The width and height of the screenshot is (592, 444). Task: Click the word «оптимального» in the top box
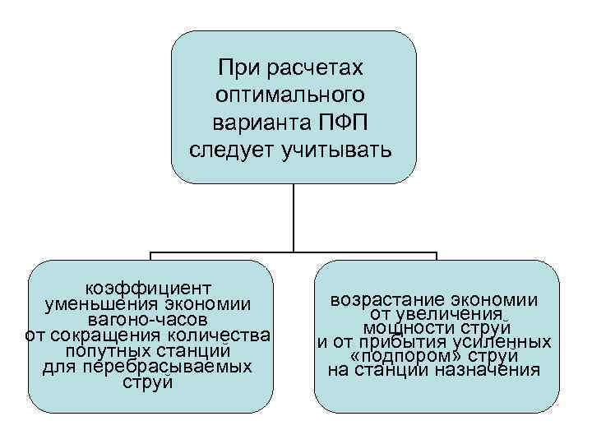pos(294,95)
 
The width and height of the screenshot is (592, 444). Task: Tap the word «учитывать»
pos(343,151)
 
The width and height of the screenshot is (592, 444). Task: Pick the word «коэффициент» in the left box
pos(149,289)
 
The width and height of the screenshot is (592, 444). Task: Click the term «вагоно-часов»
pos(149,319)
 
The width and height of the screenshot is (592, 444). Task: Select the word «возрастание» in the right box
pos(381,300)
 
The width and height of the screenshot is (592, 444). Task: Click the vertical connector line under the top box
pos(294,217)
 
